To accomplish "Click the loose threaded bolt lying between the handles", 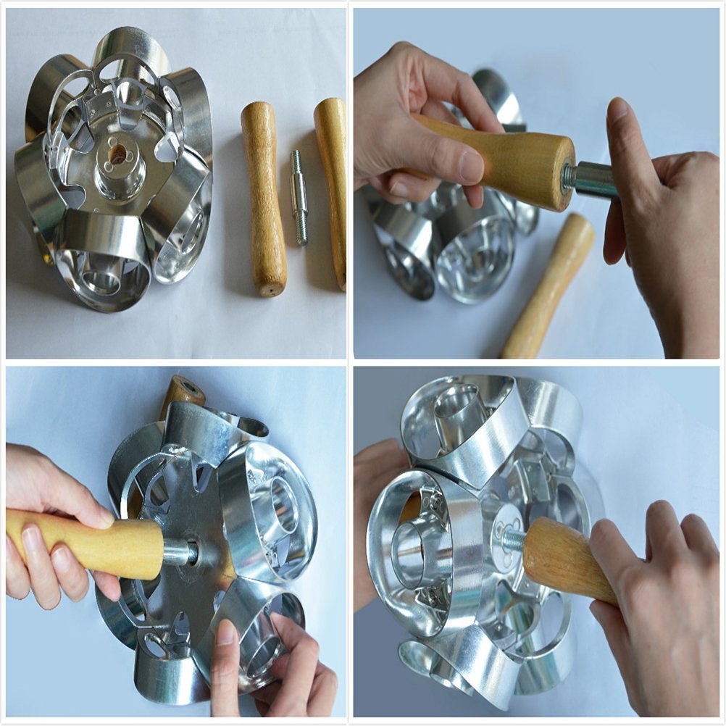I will [x=299, y=196].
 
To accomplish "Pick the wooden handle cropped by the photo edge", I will [x=332, y=188].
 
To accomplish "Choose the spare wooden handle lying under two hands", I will [x=549, y=287].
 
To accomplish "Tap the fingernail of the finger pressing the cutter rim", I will [x=226, y=633].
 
